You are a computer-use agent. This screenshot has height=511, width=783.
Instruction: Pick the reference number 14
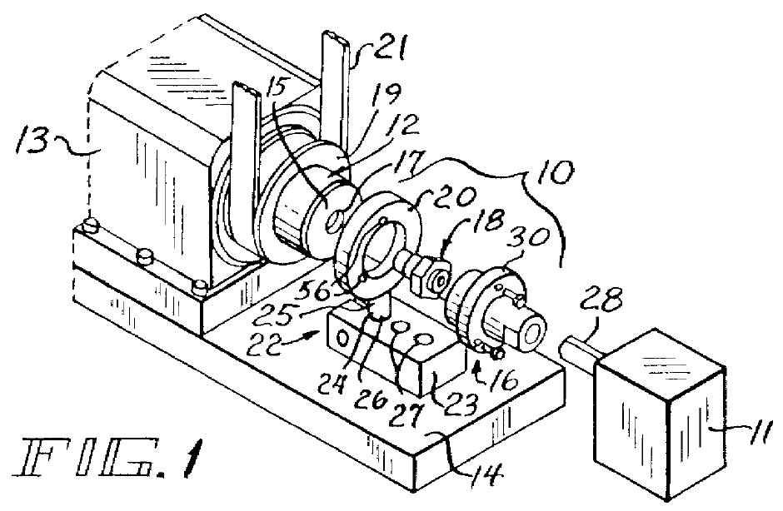484,475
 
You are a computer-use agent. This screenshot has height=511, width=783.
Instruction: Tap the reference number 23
460,402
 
